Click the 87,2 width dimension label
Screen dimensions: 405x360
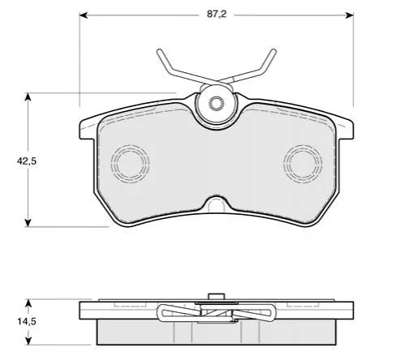pyautogui.click(x=217, y=15)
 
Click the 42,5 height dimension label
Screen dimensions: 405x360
pyautogui.click(x=27, y=161)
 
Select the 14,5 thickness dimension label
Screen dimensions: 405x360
pyautogui.click(x=27, y=322)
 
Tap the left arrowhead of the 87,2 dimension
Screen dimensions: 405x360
pyautogui.click(x=83, y=15)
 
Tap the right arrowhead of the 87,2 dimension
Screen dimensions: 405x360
pyautogui.click(x=350, y=15)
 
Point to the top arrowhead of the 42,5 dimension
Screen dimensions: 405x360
pyautogui.click(x=28, y=96)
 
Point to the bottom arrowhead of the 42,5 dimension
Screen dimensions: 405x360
pyautogui.click(x=28, y=223)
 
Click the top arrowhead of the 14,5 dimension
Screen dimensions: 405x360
pyautogui.click(x=28, y=303)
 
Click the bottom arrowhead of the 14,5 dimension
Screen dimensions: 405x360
pyautogui.click(x=28, y=341)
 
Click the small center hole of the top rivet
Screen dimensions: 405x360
pyautogui.click(x=216, y=103)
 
